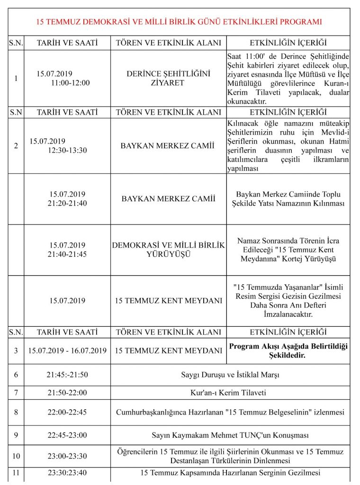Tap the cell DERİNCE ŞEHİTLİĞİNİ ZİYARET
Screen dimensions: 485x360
point(168,78)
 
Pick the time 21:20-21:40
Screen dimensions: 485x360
point(67,203)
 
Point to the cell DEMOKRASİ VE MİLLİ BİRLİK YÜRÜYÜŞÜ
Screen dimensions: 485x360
point(168,250)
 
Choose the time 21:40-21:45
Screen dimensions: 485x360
point(67,254)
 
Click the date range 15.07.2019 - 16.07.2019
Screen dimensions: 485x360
point(67,351)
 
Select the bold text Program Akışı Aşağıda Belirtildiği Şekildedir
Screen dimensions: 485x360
point(288,350)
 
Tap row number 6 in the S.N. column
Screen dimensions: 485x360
point(16,375)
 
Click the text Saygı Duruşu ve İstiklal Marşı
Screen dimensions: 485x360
point(230,375)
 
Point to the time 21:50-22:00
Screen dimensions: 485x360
point(67,393)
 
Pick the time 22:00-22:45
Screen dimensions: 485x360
point(67,412)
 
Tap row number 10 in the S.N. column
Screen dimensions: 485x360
point(16,456)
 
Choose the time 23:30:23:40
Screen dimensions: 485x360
point(67,473)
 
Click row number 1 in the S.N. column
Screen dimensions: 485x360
point(16,78)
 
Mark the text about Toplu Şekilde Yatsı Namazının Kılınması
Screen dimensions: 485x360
point(288,198)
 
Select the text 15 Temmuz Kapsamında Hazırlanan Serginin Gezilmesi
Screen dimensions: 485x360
point(230,473)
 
